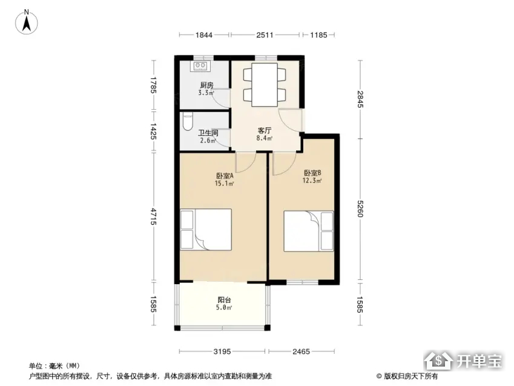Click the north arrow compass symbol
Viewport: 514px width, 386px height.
pyautogui.click(x=27, y=22)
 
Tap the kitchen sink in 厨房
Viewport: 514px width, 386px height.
pyautogui.click(x=200, y=66)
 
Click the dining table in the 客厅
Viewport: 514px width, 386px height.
pyautogui.click(x=265, y=84)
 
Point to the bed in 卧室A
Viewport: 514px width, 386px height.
pyautogui.click(x=206, y=230)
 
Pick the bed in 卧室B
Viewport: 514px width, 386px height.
pyautogui.click(x=309, y=231)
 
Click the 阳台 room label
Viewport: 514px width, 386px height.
pyautogui.click(x=224, y=300)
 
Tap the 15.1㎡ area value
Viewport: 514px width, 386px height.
pyautogui.click(x=224, y=184)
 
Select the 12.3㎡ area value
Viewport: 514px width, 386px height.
pyautogui.click(x=312, y=181)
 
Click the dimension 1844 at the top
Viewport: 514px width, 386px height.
pyautogui.click(x=204, y=35)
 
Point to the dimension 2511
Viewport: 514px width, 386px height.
pyautogui.click(x=265, y=35)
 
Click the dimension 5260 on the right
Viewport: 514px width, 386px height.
pyautogui.click(x=360, y=208)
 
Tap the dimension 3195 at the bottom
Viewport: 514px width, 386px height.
pyautogui.click(x=222, y=351)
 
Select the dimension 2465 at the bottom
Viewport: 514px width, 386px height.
pyautogui.click(x=301, y=351)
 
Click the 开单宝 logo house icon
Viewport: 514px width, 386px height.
pyautogui.click(x=438, y=360)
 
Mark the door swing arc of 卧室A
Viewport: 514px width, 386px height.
pyautogui.click(x=249, y=166)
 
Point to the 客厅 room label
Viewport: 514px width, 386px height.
pyautogui.click(x=264, y=130)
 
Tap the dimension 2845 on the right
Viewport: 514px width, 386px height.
pyautogui.click(x=360, y=99)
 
